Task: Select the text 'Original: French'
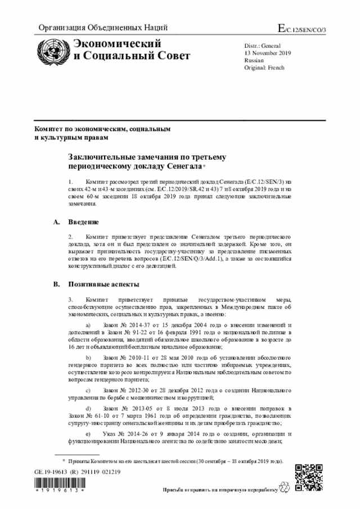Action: [264, 67]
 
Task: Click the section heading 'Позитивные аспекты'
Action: [104, 284]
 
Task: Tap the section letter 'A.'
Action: [56, 222]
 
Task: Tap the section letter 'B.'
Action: [56, 284]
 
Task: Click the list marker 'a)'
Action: [87, 326]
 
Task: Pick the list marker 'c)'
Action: [87, 390]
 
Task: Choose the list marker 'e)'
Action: [87, 434]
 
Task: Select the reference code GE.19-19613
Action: [51, 472]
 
